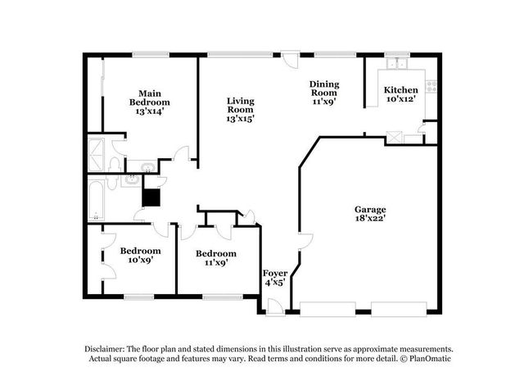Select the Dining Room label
pyautogui.click(x=323, y=93)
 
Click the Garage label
pyautogui.click(x=370, y=214)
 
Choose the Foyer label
pyautogui.click(x=273, y=277)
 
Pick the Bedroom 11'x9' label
pyautogui.click(x=215, y=258)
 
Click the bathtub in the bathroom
pyautogui.click(x=96, y=201)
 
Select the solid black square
pyautogui.click(x=151, y=197)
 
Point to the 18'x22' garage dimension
pyautogui.click(x=370, y=220)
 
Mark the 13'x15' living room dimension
pyautogui.click(x=241, y=120)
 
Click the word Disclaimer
pyautogui.click(x=110, y=348)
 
